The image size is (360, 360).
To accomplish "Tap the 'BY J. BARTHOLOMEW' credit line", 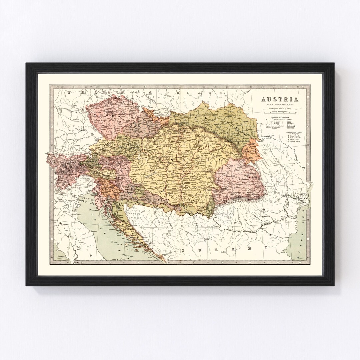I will pos(279,105).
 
